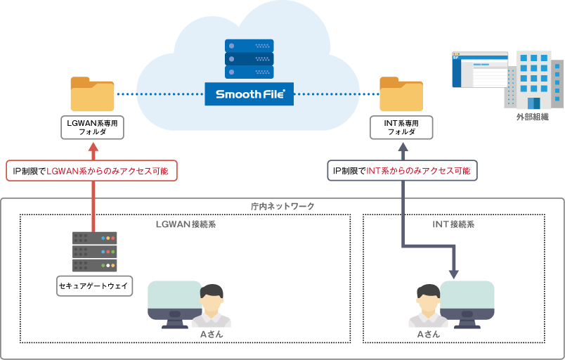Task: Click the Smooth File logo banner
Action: point(249,94)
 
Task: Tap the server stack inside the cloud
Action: point(249,60)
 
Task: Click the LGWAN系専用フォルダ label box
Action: point(92,127)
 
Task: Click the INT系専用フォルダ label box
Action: point(401,127)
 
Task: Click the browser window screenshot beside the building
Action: point(480,70)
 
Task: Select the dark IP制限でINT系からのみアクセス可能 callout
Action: point(402,171)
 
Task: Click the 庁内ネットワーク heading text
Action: point(282,206)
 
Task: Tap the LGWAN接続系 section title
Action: point(185,224)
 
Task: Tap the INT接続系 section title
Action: point(453,224)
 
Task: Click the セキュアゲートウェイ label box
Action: point(94,286)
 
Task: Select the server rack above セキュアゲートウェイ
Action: point(94,252)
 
